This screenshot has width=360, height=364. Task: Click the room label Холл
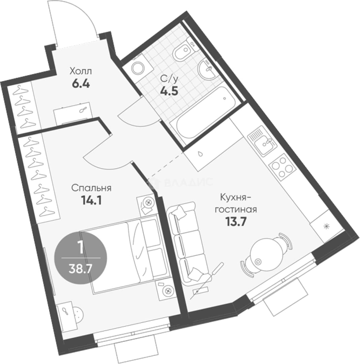[81, 71]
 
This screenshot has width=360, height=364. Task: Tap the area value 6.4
[81, 84]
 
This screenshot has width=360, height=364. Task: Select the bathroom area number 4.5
[169, 91]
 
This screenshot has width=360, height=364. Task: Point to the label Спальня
[91, 188]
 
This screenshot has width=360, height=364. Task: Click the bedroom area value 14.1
[91, 200]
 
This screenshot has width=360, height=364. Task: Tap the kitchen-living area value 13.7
[235, 222]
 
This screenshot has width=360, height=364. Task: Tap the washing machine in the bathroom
[138, 67]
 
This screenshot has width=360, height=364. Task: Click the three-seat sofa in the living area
[187, 243]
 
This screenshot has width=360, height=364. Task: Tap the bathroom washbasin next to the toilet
[207, 69]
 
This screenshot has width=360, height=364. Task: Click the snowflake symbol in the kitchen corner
[327, 226]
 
